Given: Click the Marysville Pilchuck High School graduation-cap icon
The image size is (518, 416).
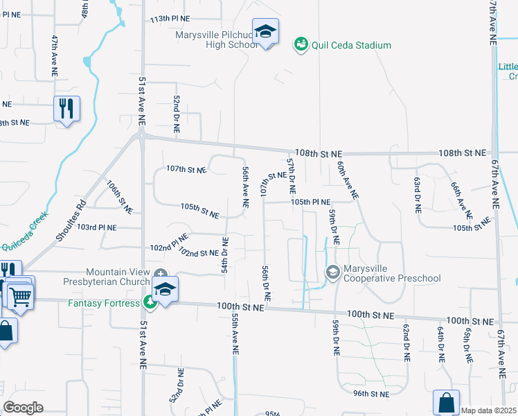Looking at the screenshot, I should (x=265, y=32).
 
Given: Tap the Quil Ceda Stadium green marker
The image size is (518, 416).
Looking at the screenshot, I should (x=301, y=45).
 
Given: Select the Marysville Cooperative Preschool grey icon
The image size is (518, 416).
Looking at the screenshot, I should (x=332, y=272).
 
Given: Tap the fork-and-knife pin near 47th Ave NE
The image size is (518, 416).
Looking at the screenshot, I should (x=67, y=109).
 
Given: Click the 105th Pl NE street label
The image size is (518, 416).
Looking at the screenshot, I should (x=310, y=202).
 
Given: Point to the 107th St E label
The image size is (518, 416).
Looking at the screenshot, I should (x=186, y=169).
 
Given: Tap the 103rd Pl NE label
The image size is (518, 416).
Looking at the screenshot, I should (x=97, y=227).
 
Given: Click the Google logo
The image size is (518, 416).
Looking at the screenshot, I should (x=23, y=408).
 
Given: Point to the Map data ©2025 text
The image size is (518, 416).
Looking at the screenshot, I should (x=488, y=410).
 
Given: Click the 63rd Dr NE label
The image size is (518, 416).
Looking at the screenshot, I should (x=418, y=195).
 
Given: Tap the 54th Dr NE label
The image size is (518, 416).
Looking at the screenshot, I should (x=224, y=254).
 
